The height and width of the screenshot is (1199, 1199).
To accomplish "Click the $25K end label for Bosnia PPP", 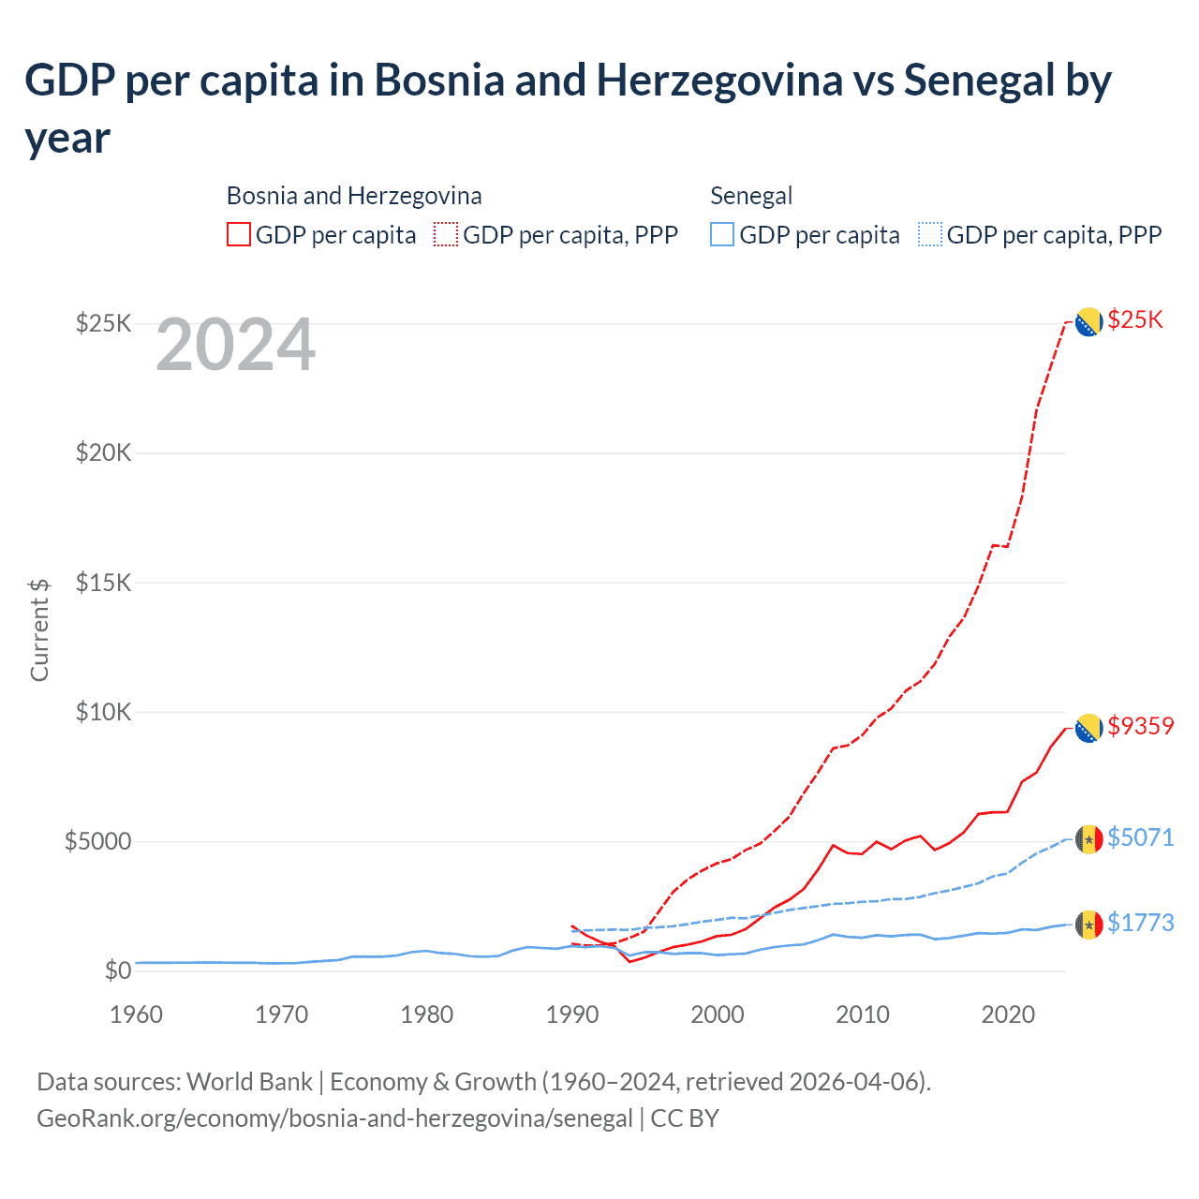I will tap(1134, 320).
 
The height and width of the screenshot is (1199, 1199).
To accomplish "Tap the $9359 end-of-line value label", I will tap(1140, 726).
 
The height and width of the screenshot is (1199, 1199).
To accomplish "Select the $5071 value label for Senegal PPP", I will tap(1140, 837).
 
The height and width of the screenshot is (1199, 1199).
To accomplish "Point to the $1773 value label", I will tap(1140, 923).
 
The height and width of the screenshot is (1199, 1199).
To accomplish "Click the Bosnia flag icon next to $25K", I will tap(1088, 322).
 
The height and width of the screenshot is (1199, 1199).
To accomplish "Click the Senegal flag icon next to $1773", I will tap(1088, 925).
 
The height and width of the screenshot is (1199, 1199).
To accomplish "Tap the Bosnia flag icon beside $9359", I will tap(1088, 728).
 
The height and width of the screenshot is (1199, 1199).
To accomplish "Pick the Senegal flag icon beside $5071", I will tap(1088, 839).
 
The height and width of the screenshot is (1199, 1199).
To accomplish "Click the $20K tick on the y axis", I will tap(104, 453).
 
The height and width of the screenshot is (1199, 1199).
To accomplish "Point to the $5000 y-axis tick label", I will tap(97, 841).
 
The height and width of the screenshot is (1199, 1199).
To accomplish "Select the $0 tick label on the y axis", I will tap(117, 970).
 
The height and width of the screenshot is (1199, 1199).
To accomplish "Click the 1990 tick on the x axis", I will tap(572, 1014).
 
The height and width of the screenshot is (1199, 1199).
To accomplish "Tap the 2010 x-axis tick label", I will tap(863, 1014).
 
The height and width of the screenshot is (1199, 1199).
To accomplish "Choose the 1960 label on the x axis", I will tap(137, 1014).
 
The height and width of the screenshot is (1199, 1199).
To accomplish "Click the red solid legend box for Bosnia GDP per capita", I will tap(239, 234).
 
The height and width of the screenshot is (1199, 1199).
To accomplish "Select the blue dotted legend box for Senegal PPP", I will tap(930, 234).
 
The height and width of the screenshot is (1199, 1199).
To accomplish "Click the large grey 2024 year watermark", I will tap(235, 346).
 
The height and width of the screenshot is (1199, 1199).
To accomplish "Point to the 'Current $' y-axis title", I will tap(39, 629).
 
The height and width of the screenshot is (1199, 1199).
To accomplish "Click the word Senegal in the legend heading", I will tap(751, 196).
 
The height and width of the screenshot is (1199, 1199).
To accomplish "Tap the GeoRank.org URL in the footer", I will tap(334, 1118).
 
